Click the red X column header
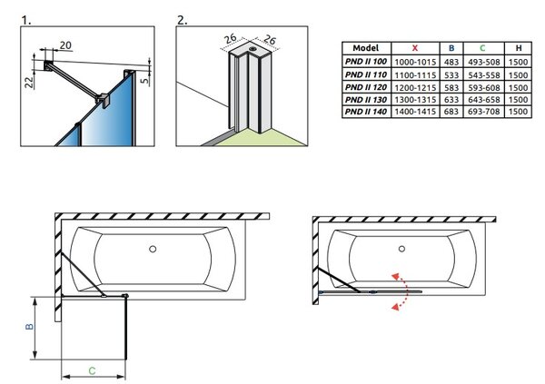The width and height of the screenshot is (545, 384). [415, 48]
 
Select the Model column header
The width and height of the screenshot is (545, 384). [366, 48]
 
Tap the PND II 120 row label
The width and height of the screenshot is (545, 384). [366, 87]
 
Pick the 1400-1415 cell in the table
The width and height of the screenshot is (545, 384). [415, 112]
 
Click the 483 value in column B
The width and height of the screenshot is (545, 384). [451, 62]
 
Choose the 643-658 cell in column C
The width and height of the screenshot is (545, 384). [483, 100]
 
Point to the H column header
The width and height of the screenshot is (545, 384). [519, 48]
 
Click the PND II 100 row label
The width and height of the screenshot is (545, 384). [366, 62]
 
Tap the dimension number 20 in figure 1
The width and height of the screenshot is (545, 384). [65, 45]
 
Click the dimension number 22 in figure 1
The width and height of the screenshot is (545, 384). [29, 82]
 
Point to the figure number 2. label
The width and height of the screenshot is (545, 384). [182, 20]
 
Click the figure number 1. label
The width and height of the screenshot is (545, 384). [26, 20]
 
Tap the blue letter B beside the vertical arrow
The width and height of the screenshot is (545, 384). [30, 327]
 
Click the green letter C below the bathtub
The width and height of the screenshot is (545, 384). [92, 370]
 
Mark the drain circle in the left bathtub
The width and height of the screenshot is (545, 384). [153, 249]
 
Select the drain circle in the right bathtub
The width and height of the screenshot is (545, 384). [401, 249]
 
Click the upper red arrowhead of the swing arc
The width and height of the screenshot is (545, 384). [395, 277]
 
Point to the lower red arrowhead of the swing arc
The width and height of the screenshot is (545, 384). [395, 307]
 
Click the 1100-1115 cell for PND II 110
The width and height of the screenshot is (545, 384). [415, 74]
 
